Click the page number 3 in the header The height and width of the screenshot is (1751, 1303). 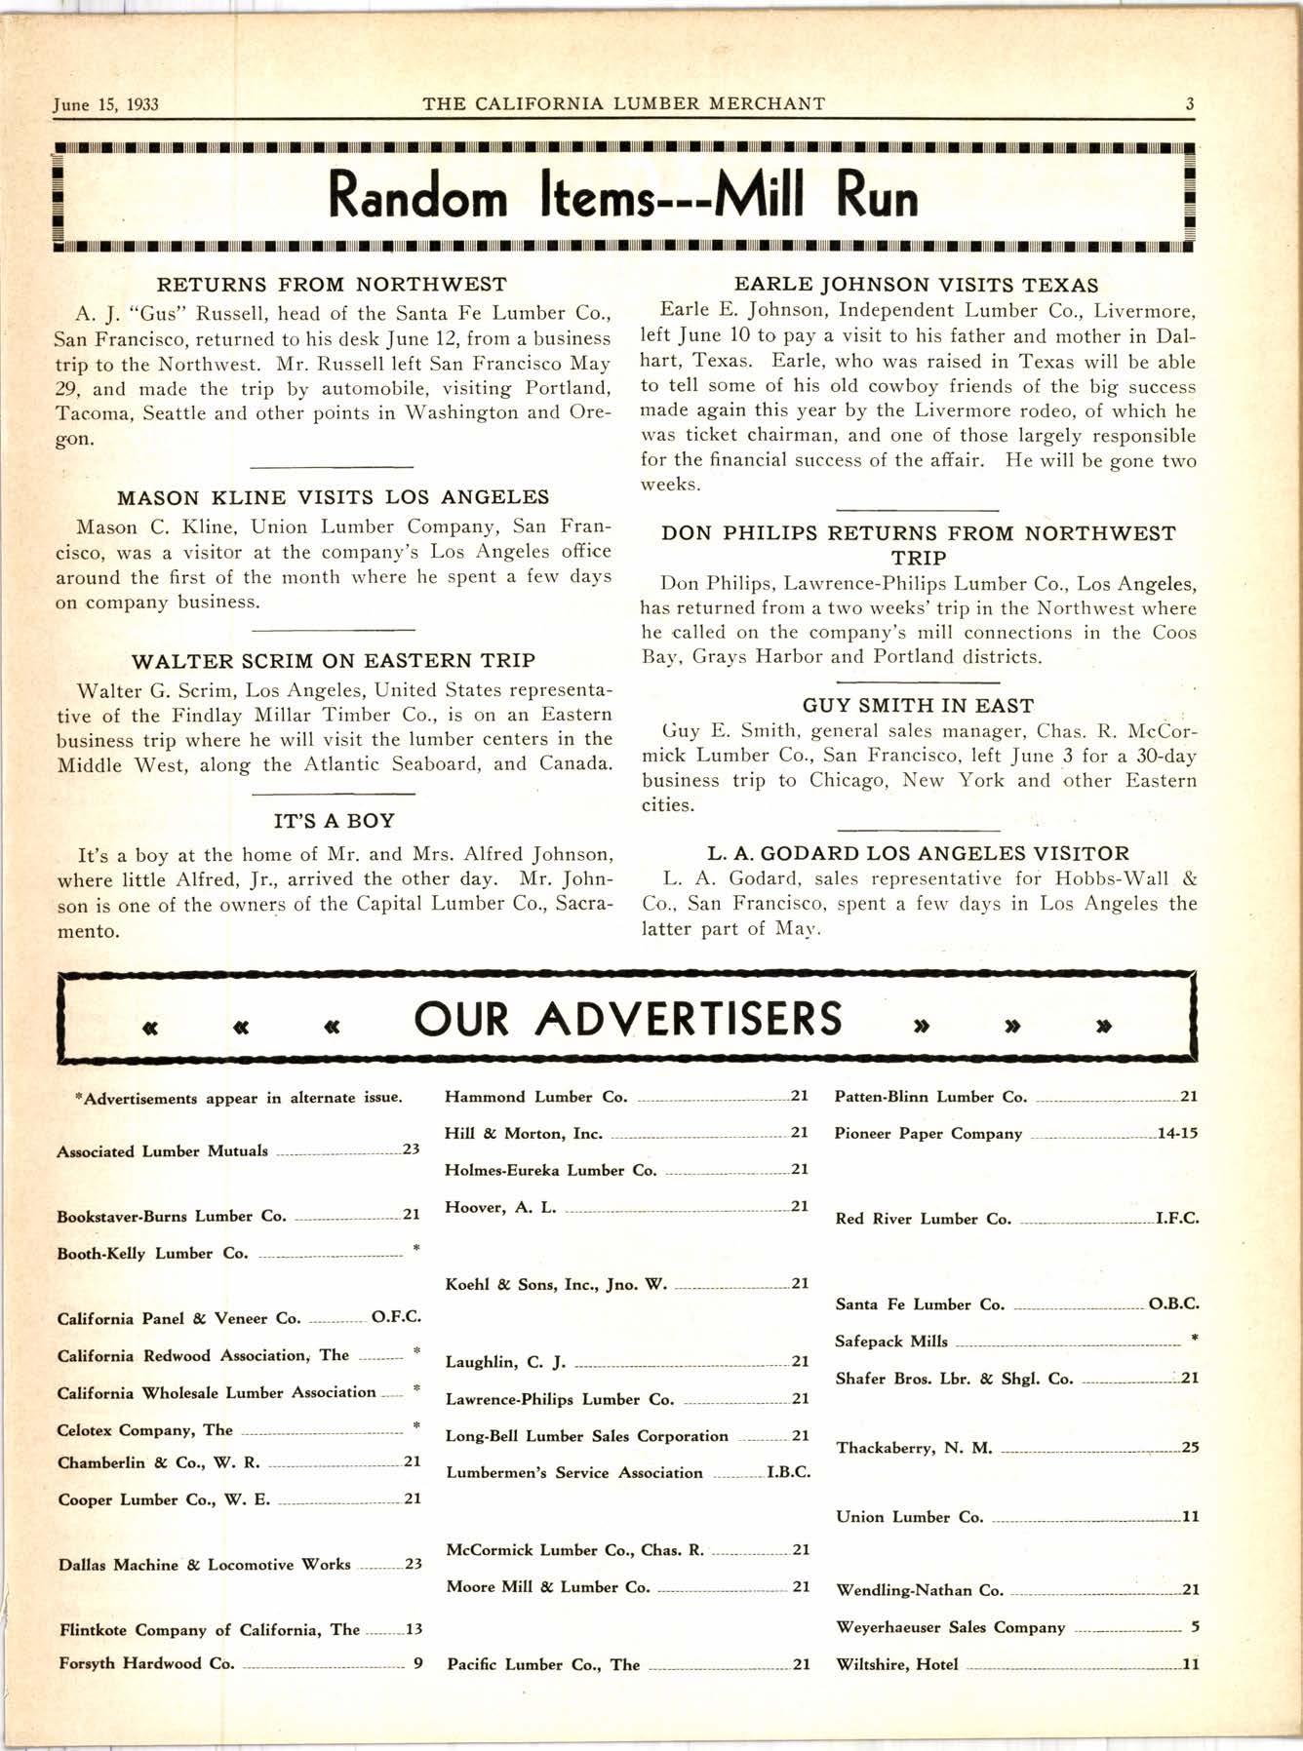tap(1190, 103)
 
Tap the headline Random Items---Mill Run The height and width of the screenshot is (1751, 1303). tap(623, 196)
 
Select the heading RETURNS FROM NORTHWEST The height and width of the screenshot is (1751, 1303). tap(333, 285)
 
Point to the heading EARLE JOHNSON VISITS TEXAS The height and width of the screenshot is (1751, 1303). tap(916, 285)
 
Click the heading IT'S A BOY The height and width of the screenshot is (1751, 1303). tap(334, 821)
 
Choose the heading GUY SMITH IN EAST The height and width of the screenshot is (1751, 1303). tap(918, 705)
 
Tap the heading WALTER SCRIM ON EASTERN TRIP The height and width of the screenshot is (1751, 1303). tap(333, 661)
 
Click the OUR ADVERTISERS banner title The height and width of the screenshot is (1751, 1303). tap(627, 1018)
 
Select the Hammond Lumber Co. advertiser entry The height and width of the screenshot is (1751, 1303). tap(535, 1097)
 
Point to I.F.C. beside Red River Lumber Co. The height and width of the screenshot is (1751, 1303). tap(1176, 1219)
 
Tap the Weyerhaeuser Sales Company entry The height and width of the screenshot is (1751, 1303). tap(950, 1627)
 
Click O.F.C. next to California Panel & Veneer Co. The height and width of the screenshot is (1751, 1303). tap(396, 1318)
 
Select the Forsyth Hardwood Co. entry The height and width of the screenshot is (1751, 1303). tap(146, 1663)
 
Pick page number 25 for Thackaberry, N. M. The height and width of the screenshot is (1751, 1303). tap(1190, 1448)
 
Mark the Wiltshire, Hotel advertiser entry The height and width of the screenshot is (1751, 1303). tap(897, 1664)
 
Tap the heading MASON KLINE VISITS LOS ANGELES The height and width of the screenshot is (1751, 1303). tap(333, 497)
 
